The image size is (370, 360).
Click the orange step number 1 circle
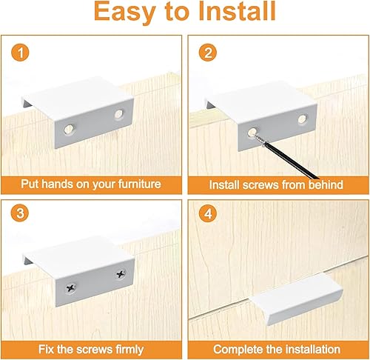(20, 53)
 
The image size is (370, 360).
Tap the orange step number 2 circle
(208, 53)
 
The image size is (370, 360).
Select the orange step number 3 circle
(20, 213)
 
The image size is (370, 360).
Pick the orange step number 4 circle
(208, 213)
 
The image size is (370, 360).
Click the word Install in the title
(237, 11)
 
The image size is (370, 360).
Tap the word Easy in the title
(125, 13)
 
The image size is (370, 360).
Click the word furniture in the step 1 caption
(139, 184)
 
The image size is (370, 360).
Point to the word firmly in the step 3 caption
(129, 350)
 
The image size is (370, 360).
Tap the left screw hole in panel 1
(70, 129)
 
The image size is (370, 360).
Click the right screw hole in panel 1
(119, 114)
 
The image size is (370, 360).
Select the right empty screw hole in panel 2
(302, 119)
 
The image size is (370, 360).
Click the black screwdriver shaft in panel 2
(292, 160)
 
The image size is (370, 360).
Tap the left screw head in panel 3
(71, 287)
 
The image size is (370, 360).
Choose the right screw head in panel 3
(121, 274)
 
